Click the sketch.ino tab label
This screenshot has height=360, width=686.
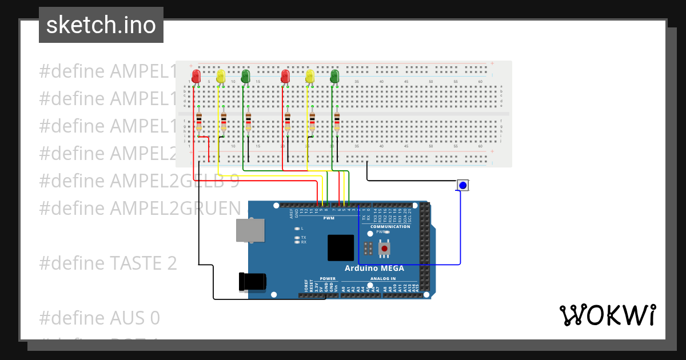point(101,25)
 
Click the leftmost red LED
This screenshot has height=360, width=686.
point(196,75)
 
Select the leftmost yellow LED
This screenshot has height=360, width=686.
point(221,76)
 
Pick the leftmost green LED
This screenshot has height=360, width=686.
point(245,75)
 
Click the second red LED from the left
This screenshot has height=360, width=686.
point(285,75)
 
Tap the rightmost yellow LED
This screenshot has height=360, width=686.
point(310,76)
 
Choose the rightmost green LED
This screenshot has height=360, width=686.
point(335,75)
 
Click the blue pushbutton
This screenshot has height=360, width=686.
point(462,185)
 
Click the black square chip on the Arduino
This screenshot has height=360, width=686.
point(341,248)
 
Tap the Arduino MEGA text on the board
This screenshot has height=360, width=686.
point(374,268)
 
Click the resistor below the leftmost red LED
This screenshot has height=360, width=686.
point(198,122)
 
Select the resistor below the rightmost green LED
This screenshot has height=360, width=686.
point(337,122)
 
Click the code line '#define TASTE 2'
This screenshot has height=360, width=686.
point(107,263)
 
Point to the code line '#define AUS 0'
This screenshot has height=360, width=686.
point(99,318)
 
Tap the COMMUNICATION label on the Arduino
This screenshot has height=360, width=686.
point(390,227)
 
